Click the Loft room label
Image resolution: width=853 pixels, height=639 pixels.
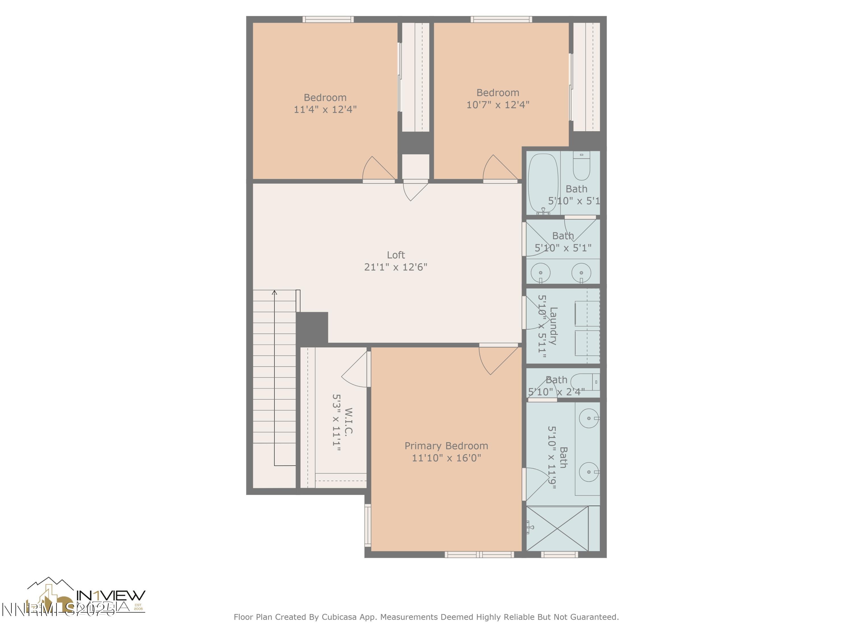pyautogui.click(x=396, y=255)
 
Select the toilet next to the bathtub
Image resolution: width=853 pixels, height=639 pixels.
pyautogui.click(x=581, y=166)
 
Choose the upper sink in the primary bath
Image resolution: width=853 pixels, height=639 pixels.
pyautogui.click(x=589, y=418)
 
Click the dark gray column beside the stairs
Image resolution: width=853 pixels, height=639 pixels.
pyautogui.click(x=312, y=327)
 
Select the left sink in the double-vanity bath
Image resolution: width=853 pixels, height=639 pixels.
pyautogui.click(x=541, y=273)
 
